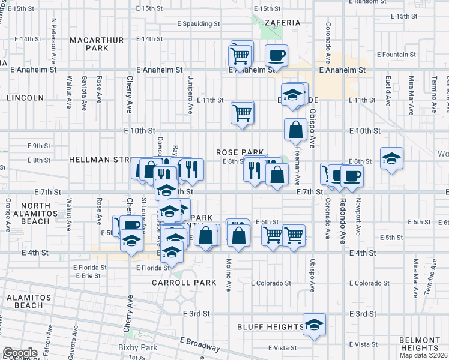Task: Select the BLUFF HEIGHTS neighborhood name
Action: click(x=270, y=327)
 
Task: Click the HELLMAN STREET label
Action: click(x=100, y=160)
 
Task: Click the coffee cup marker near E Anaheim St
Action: click(x=276, y=56)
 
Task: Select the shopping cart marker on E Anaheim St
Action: click(x=240, y=56)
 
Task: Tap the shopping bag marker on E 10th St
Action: click(x=296, y=129)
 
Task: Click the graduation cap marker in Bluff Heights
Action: click(x=314, y=325)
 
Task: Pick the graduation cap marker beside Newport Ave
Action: click(x=391, y=158)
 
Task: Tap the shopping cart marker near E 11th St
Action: click(x=242, y=112)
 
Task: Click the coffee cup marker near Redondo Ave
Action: click(x=352, y=175)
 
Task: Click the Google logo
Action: click(x=20, y=353)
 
